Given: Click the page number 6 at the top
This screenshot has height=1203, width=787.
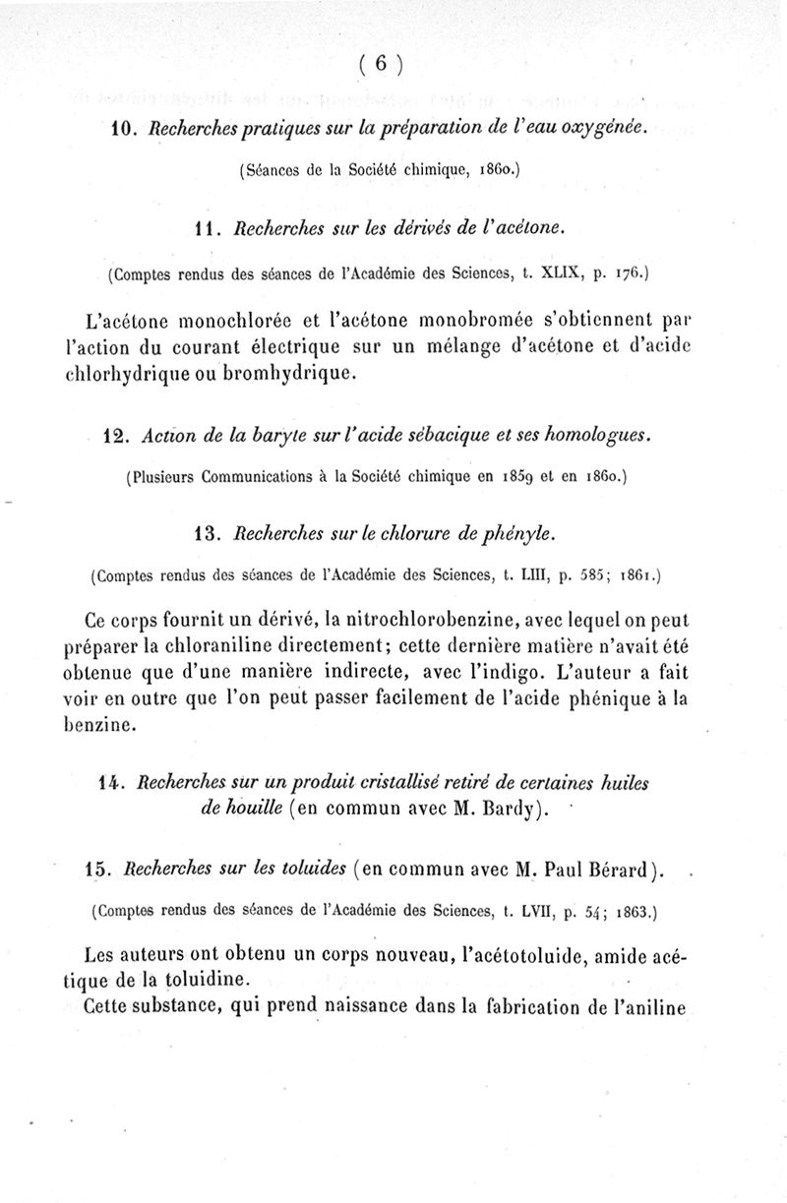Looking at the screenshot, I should click(383, 65).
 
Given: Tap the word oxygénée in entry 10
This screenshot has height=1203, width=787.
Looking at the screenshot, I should click(602, 130).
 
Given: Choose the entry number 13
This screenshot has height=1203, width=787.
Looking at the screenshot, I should click(208, 533).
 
